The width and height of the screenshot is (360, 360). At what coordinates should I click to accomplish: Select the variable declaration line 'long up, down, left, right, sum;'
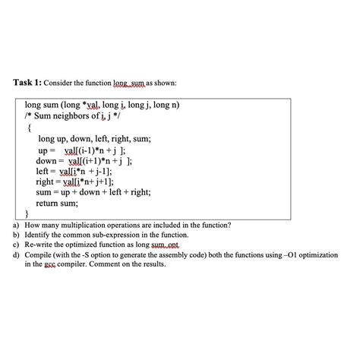click(96, 139)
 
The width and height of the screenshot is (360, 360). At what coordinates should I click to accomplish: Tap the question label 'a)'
click(17, 226)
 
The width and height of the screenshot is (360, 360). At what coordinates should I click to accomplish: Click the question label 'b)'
click(17, 236)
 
